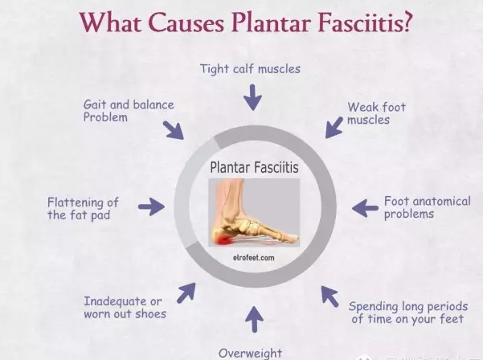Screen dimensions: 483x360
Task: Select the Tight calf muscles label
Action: (x=250, y=69)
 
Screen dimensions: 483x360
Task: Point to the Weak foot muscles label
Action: (x=376, y=113)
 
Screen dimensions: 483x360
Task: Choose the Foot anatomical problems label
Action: (x=427, y=207)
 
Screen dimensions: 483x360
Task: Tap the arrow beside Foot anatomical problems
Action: (x=365, y=208)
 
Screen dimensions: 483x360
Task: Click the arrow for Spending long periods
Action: (x=330, y=296)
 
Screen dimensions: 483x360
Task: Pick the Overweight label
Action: (x=250, y=353)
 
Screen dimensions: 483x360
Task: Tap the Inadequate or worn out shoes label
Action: (x=125, y=307)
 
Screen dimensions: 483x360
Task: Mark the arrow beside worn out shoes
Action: (x=186, y=292)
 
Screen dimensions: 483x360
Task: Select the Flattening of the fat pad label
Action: (x=83, y=208)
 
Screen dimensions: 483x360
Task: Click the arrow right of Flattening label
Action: (x=150, y=207)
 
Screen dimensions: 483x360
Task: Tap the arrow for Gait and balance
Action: (x=174, y=129)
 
